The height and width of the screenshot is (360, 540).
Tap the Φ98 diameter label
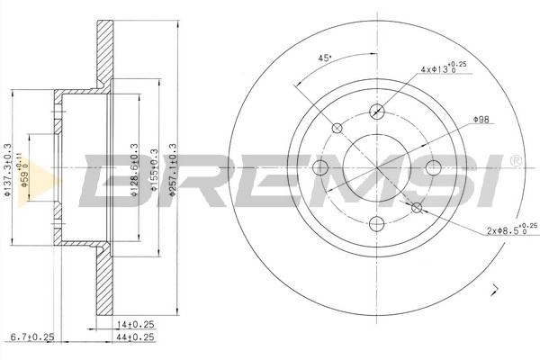click(x=483, y=120)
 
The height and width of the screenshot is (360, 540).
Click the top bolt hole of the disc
click(x=377, y=112)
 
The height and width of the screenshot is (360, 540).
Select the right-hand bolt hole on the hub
click(x=433, y=167)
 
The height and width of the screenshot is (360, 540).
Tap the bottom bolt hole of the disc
click(x=377, y=223)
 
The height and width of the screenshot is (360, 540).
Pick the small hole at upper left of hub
click(x=337, y=127)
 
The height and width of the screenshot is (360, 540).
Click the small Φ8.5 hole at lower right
click(x=417, y=208)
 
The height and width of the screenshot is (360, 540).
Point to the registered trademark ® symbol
click(x=516, y=161)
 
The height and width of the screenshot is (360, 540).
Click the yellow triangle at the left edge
click(x=24, y=167)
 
